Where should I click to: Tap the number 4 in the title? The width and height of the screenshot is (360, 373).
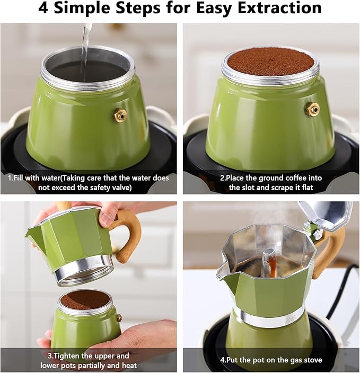point(43,7)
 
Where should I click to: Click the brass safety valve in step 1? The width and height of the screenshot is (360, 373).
point(120,116)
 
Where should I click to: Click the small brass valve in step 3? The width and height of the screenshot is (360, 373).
point(119,317)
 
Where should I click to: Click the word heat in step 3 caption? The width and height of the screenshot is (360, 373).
point(129,365)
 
